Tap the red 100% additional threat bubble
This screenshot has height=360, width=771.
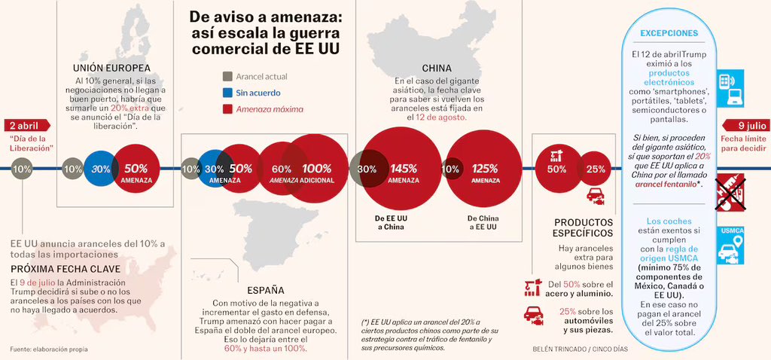tap(317, 169)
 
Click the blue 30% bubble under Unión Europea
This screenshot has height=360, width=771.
tap(101, 169)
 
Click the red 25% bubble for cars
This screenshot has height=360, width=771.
tap(596, 169)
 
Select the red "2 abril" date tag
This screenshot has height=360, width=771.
tap(23, 126)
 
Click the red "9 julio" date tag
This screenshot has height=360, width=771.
tap(745, 126)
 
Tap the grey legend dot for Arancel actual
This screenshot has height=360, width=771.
tap(227, 76)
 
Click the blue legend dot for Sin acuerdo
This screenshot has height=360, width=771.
tap(227, 93)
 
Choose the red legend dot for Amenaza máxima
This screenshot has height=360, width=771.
tap(227, 109)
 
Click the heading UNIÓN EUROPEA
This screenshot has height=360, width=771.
tap(111, 67)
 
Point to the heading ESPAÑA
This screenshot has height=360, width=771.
tap(266, 289)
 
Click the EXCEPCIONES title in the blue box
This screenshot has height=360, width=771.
tap(669, 33)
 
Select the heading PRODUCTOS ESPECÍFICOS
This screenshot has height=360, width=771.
tap(584, 227)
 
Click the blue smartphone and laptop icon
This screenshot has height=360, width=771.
tap(730, 87)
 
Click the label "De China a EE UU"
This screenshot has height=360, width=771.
tap(484, 221)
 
